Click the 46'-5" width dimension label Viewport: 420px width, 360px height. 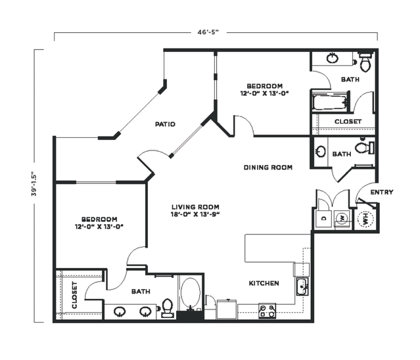coord(208,32)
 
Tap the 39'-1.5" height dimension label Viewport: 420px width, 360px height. coord(34,184)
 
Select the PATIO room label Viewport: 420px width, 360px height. coord(165,124)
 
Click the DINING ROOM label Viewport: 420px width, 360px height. coord(268,168)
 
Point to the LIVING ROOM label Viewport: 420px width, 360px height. coord(195,207)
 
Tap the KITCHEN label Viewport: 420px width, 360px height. coord(264,283)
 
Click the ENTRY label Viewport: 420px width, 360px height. coord(382,192)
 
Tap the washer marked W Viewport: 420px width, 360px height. coord(342,219)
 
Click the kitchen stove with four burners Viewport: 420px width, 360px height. coord(267,311)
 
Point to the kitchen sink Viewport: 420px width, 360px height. coord(302,286)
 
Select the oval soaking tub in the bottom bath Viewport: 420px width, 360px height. coord(191,292)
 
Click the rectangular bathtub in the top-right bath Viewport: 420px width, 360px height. coord(330,102)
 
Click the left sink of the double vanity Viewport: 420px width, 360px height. coord(120,311)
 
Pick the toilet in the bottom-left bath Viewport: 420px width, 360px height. coord(168,308)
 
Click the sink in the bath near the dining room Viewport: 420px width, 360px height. coord(321,152)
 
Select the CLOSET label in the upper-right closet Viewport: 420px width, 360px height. coord(348,122)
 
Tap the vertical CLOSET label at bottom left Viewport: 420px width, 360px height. coord(74,295)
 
